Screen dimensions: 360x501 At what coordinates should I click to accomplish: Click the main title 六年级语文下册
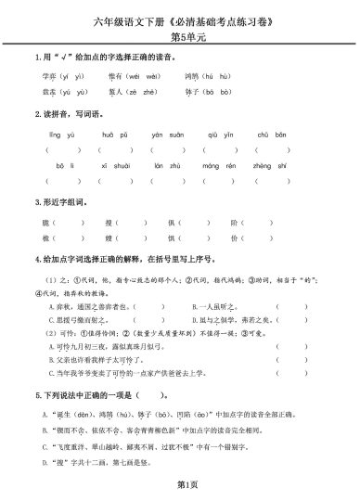coord(180,19)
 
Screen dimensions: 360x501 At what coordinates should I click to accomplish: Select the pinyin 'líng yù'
coord(59,134)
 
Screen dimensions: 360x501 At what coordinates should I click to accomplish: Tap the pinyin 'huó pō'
coord(112,134)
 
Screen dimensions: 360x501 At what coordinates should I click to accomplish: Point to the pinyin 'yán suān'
coord(164,134)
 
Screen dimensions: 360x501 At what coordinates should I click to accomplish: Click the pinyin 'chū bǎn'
coord(270,134)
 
